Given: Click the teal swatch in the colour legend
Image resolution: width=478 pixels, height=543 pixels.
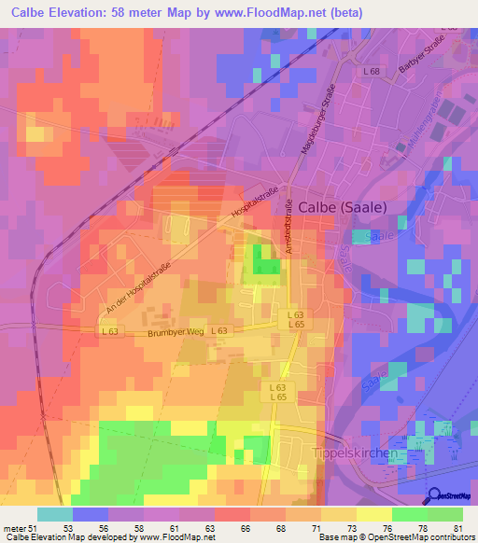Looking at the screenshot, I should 55,514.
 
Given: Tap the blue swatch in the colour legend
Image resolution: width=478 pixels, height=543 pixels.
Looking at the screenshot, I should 91,514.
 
